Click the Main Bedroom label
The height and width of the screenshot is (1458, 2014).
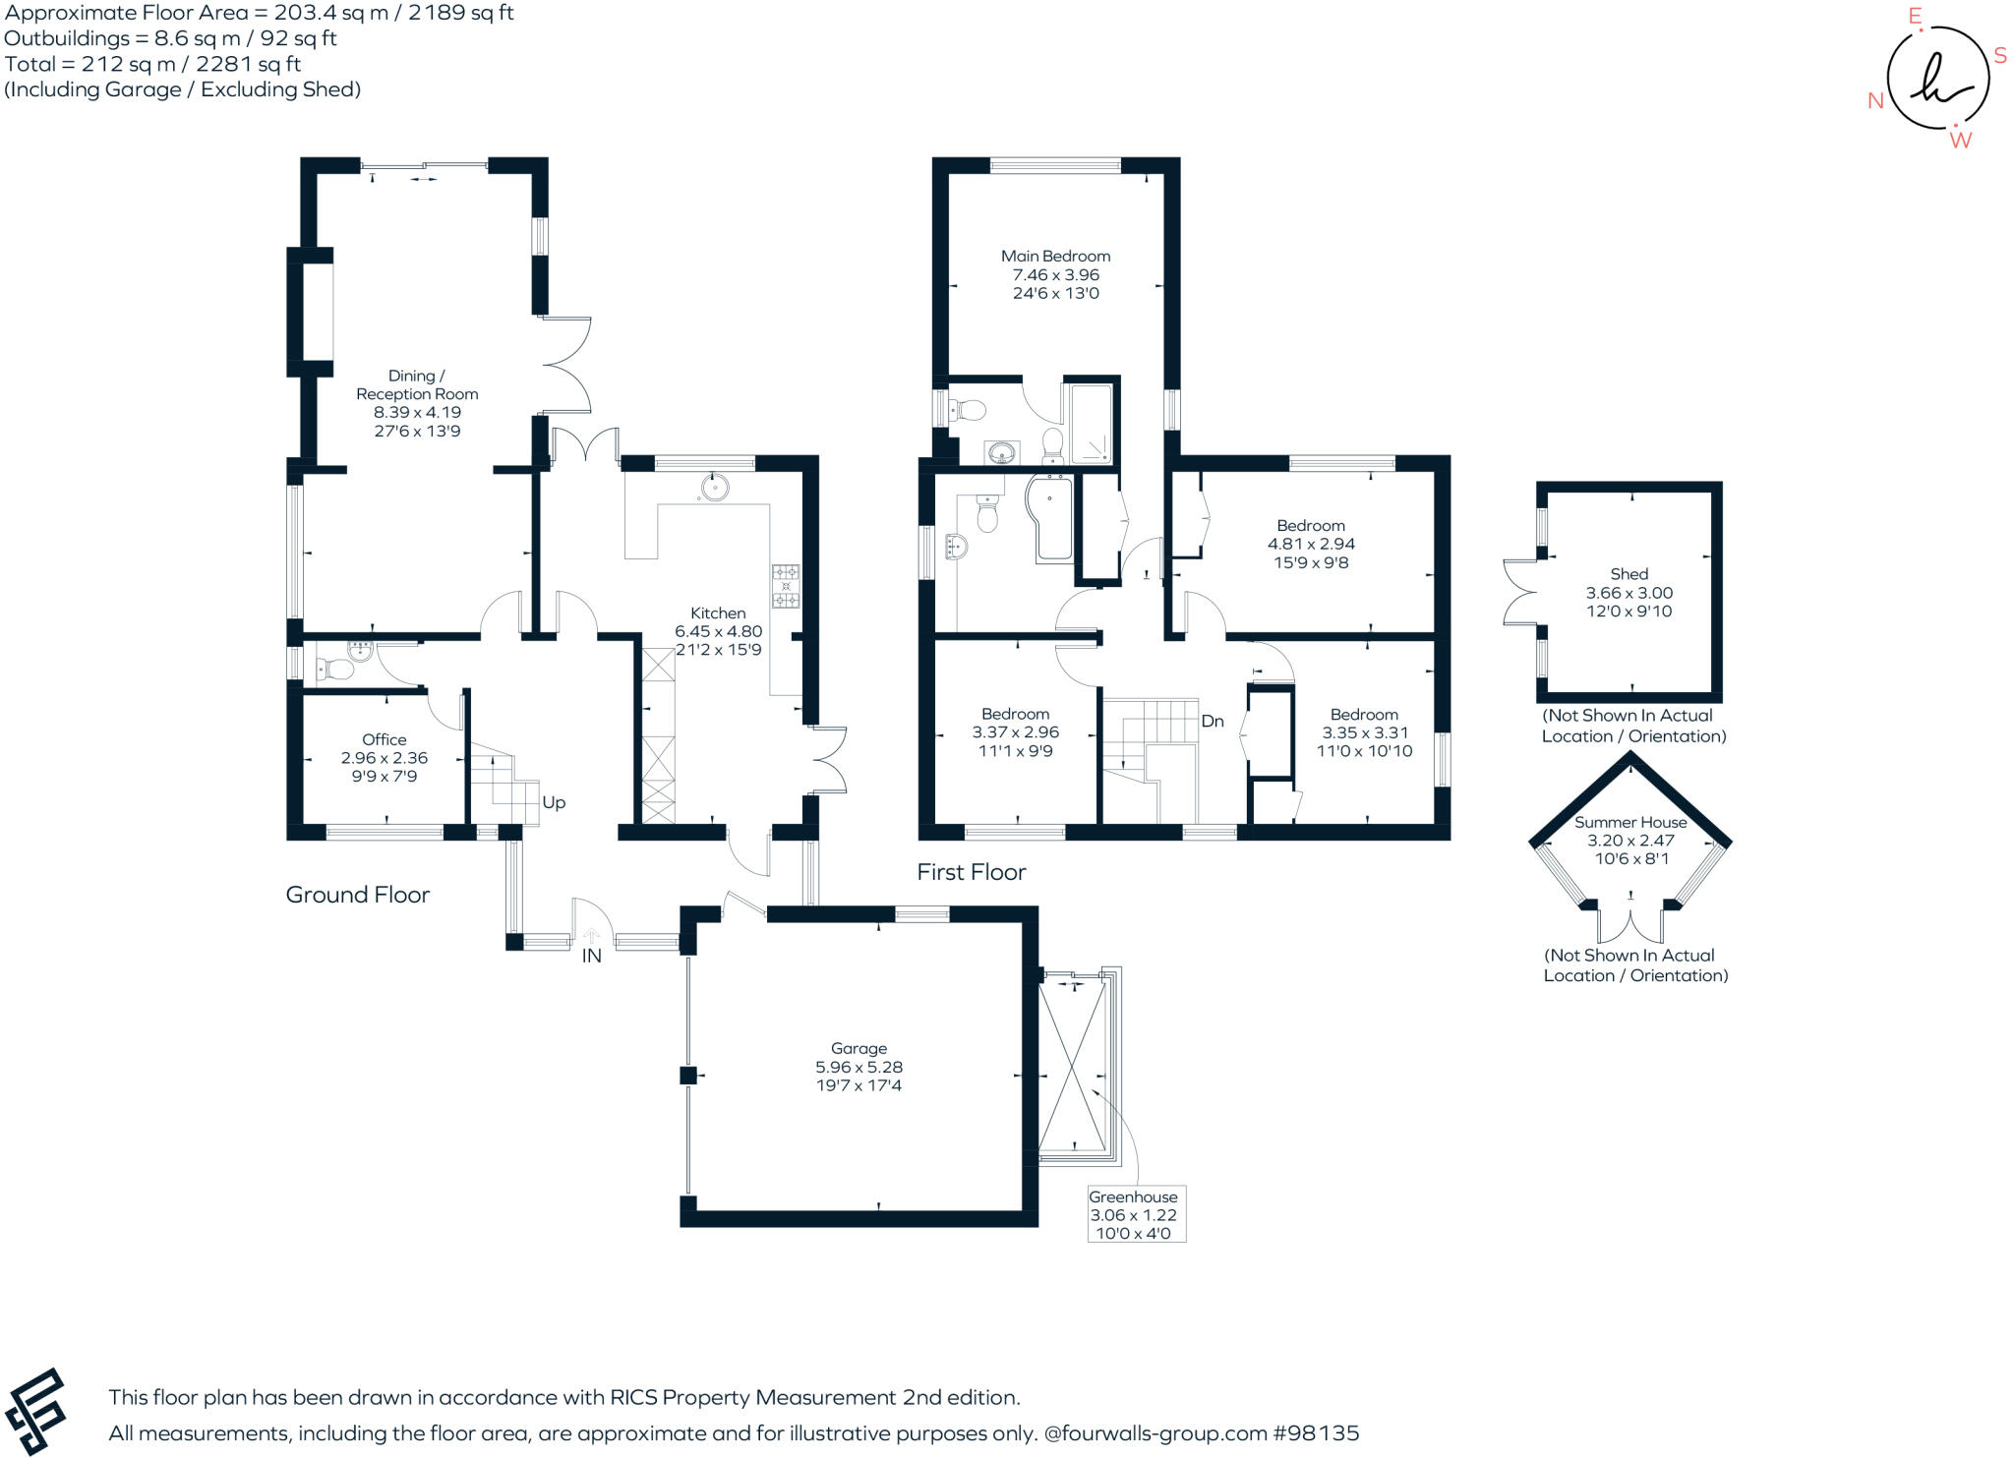(1055, 257)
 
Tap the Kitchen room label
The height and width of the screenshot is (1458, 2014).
(718, 612)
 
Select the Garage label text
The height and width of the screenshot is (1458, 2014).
(859, 1048)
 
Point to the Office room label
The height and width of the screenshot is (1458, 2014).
(384, 739)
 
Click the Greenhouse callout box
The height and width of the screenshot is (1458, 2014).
(1135, 1214)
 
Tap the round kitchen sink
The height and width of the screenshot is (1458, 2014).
(712, 487)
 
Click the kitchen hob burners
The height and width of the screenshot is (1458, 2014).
(785, 586)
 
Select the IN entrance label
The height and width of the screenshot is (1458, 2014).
(591, 956)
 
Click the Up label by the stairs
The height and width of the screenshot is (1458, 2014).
(554, 802)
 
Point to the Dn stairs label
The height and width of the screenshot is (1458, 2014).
(1213, 721)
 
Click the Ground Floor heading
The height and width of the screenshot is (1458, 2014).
(358, 895)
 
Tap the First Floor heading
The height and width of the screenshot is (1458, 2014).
(972, 872)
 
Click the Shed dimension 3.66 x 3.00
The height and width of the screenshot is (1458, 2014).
(1629, 593)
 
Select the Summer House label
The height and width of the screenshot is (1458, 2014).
(1629, 822)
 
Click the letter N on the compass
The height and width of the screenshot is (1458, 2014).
(1875, 100)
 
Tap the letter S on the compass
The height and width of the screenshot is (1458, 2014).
(1999, 56)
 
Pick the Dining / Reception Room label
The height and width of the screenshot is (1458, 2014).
(417, 384)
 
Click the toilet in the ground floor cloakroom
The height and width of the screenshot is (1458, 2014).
(336, 670)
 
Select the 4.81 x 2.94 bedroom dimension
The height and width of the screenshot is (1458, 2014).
(1311, 544)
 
